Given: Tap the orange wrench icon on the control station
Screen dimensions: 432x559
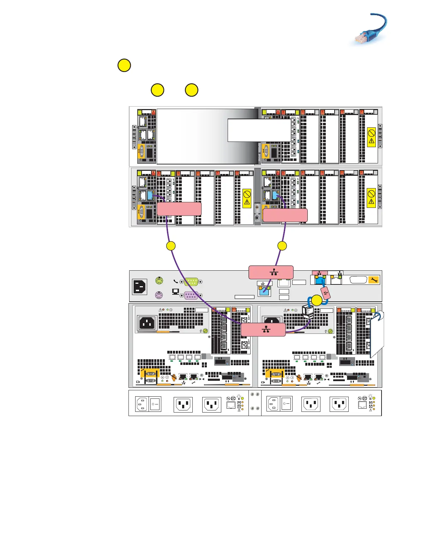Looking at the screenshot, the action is pyautogui.click(x=374, y=280).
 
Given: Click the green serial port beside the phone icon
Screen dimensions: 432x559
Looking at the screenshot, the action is pyautogui.click(x=191, y=282).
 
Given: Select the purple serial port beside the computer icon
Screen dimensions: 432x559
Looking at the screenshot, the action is pyautogui.click(x=191, y=295).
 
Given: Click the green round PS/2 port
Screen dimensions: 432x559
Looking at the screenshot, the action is pyautogui.click(x=159, y=281).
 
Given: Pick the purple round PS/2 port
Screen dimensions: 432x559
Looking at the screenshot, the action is pyautogui.click(x=159, y=295).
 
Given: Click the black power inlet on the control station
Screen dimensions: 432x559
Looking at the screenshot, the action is pyautogui.click(x=140, y=287).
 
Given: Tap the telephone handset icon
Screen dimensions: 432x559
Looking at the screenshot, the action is pyautogui.click(x=176, y=282).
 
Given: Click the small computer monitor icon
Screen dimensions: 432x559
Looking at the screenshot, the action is pyautogui.click(x=175, y=292).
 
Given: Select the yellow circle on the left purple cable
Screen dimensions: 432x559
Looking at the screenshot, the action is pyautogui.click(x=171, y=246).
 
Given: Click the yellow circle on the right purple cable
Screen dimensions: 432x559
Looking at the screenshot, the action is pyautogui.click(x=282, y=246).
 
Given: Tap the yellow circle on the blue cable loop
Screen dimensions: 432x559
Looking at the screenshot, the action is pyautogui.click(x=317, y=301).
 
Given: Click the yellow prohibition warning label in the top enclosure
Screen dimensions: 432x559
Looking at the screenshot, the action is pyautogui.click(x=371, y=137).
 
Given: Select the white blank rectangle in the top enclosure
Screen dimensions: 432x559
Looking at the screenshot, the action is pyautogui.click(x=259, y=130).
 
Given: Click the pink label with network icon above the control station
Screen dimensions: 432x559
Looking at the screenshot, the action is pyautogui.click(x=271, y=272).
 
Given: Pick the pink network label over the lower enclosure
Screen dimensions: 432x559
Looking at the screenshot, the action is pyautogui.click(x=263, y=330).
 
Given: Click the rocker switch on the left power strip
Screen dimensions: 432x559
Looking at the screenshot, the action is pyautogui.click(x=155, y=404).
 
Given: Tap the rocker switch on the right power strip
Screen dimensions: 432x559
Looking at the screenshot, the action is pyautogui.click(x=286, y=404).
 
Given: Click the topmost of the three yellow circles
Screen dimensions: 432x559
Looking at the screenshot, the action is pyautogui.click(x=124, y=66).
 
